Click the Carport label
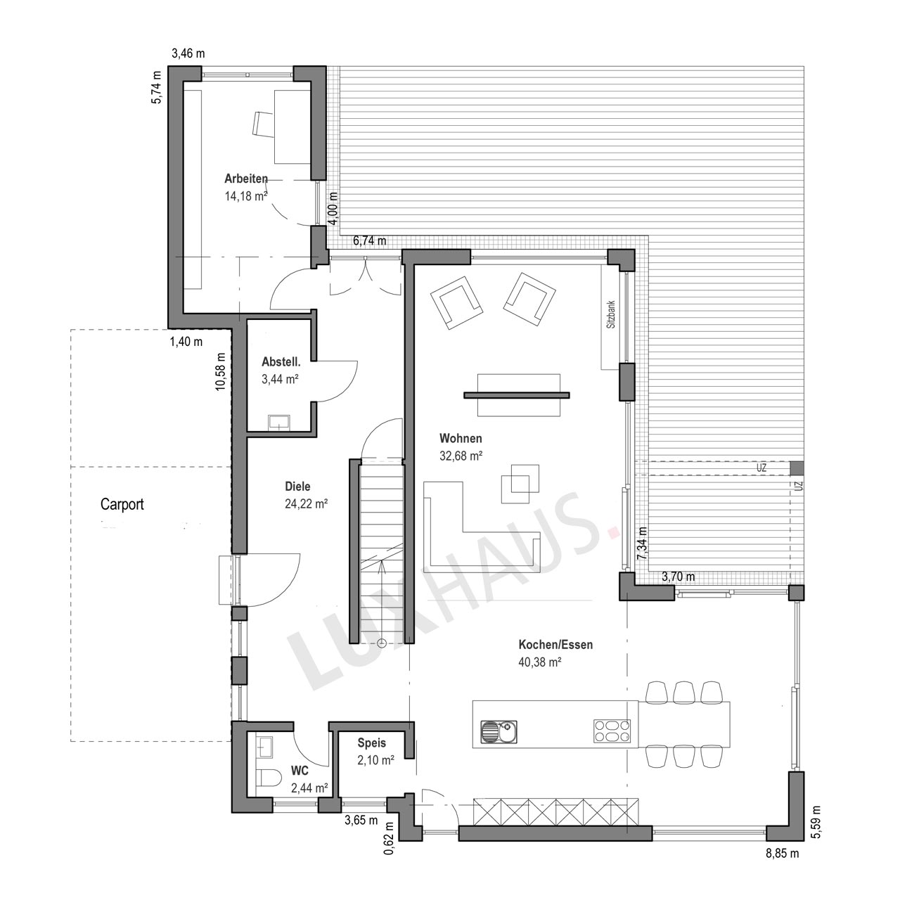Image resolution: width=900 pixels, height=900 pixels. pos(122,504)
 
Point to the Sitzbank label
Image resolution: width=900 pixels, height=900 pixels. pos(611,314)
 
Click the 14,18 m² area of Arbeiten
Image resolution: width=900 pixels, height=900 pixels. pos(246,196)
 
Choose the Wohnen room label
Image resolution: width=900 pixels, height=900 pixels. pos(461,438)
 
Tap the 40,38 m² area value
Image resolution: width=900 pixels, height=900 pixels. pos(539,662)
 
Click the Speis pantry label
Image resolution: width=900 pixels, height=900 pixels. pos(372,742)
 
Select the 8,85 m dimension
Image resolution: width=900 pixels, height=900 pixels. pos(783,854)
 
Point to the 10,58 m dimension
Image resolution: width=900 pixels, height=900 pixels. pos(221,371)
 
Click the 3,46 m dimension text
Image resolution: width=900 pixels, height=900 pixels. pos(188,53)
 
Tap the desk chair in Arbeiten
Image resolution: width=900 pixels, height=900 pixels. pos(262,124)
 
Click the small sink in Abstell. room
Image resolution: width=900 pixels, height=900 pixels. pos(279,422)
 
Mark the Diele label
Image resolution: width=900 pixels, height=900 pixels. pos(297,486)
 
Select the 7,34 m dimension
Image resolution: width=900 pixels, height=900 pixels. pos(642,544)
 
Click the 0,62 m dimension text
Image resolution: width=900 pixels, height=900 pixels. pos(389,838)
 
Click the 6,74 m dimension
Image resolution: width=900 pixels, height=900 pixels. pos(370,240)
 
